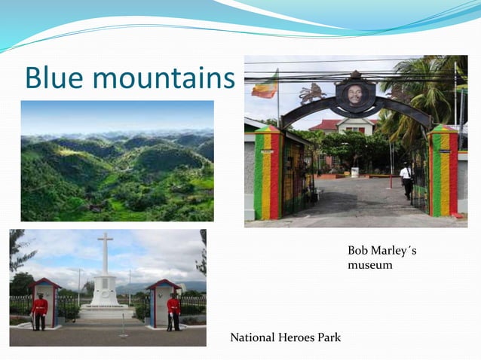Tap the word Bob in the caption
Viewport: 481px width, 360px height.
[x=357, y=250]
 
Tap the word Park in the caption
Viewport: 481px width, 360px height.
[x=329, y=337]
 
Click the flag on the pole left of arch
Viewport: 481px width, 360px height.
[x=264, y=86]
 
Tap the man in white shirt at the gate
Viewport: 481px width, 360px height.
[x=406, y=181]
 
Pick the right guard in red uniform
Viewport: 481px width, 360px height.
[x=173, y=310]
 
